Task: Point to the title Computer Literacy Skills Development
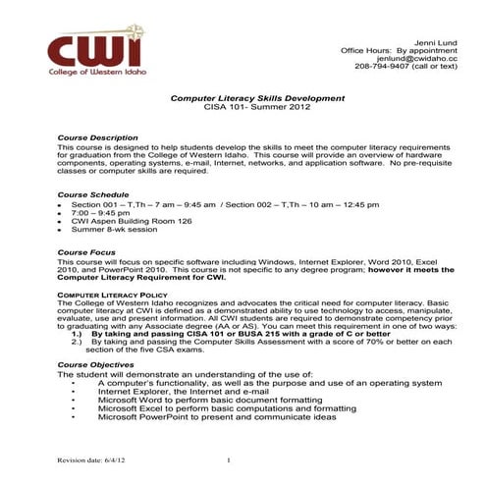258,98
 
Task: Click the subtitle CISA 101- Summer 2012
257,108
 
